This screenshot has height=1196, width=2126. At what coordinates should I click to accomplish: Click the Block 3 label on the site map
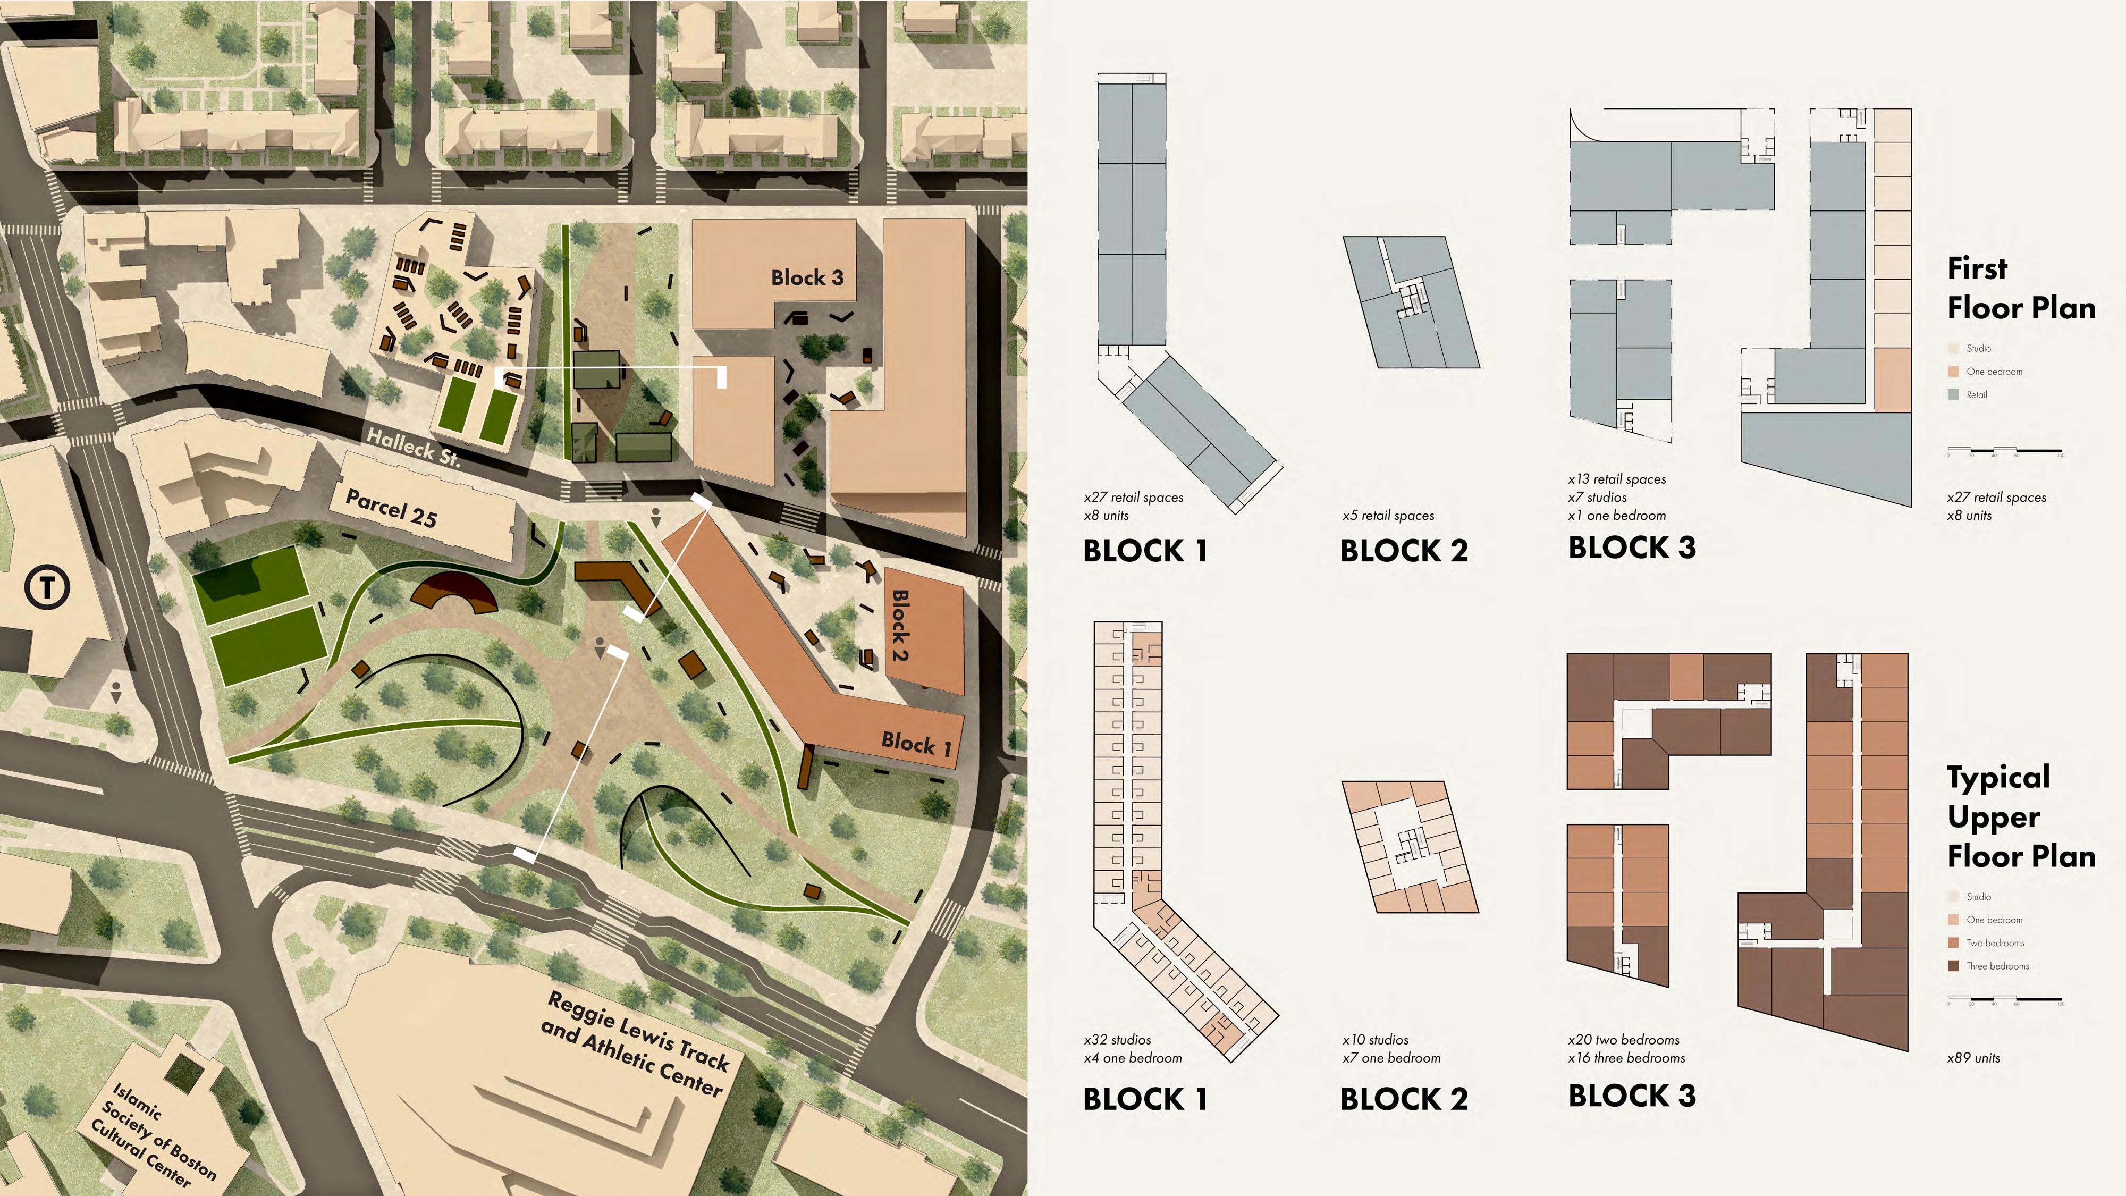tap(807, 278)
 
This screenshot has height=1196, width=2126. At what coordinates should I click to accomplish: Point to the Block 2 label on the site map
tap(900, 625)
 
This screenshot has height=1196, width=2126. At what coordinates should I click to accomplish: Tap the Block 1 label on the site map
tap(916, 744)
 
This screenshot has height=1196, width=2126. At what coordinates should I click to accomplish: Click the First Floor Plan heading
tap(2020, 288)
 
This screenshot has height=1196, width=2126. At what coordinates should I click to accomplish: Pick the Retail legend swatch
tap(1953, 394)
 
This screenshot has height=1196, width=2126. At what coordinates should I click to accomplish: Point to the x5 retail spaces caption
tap(1388, 516)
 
